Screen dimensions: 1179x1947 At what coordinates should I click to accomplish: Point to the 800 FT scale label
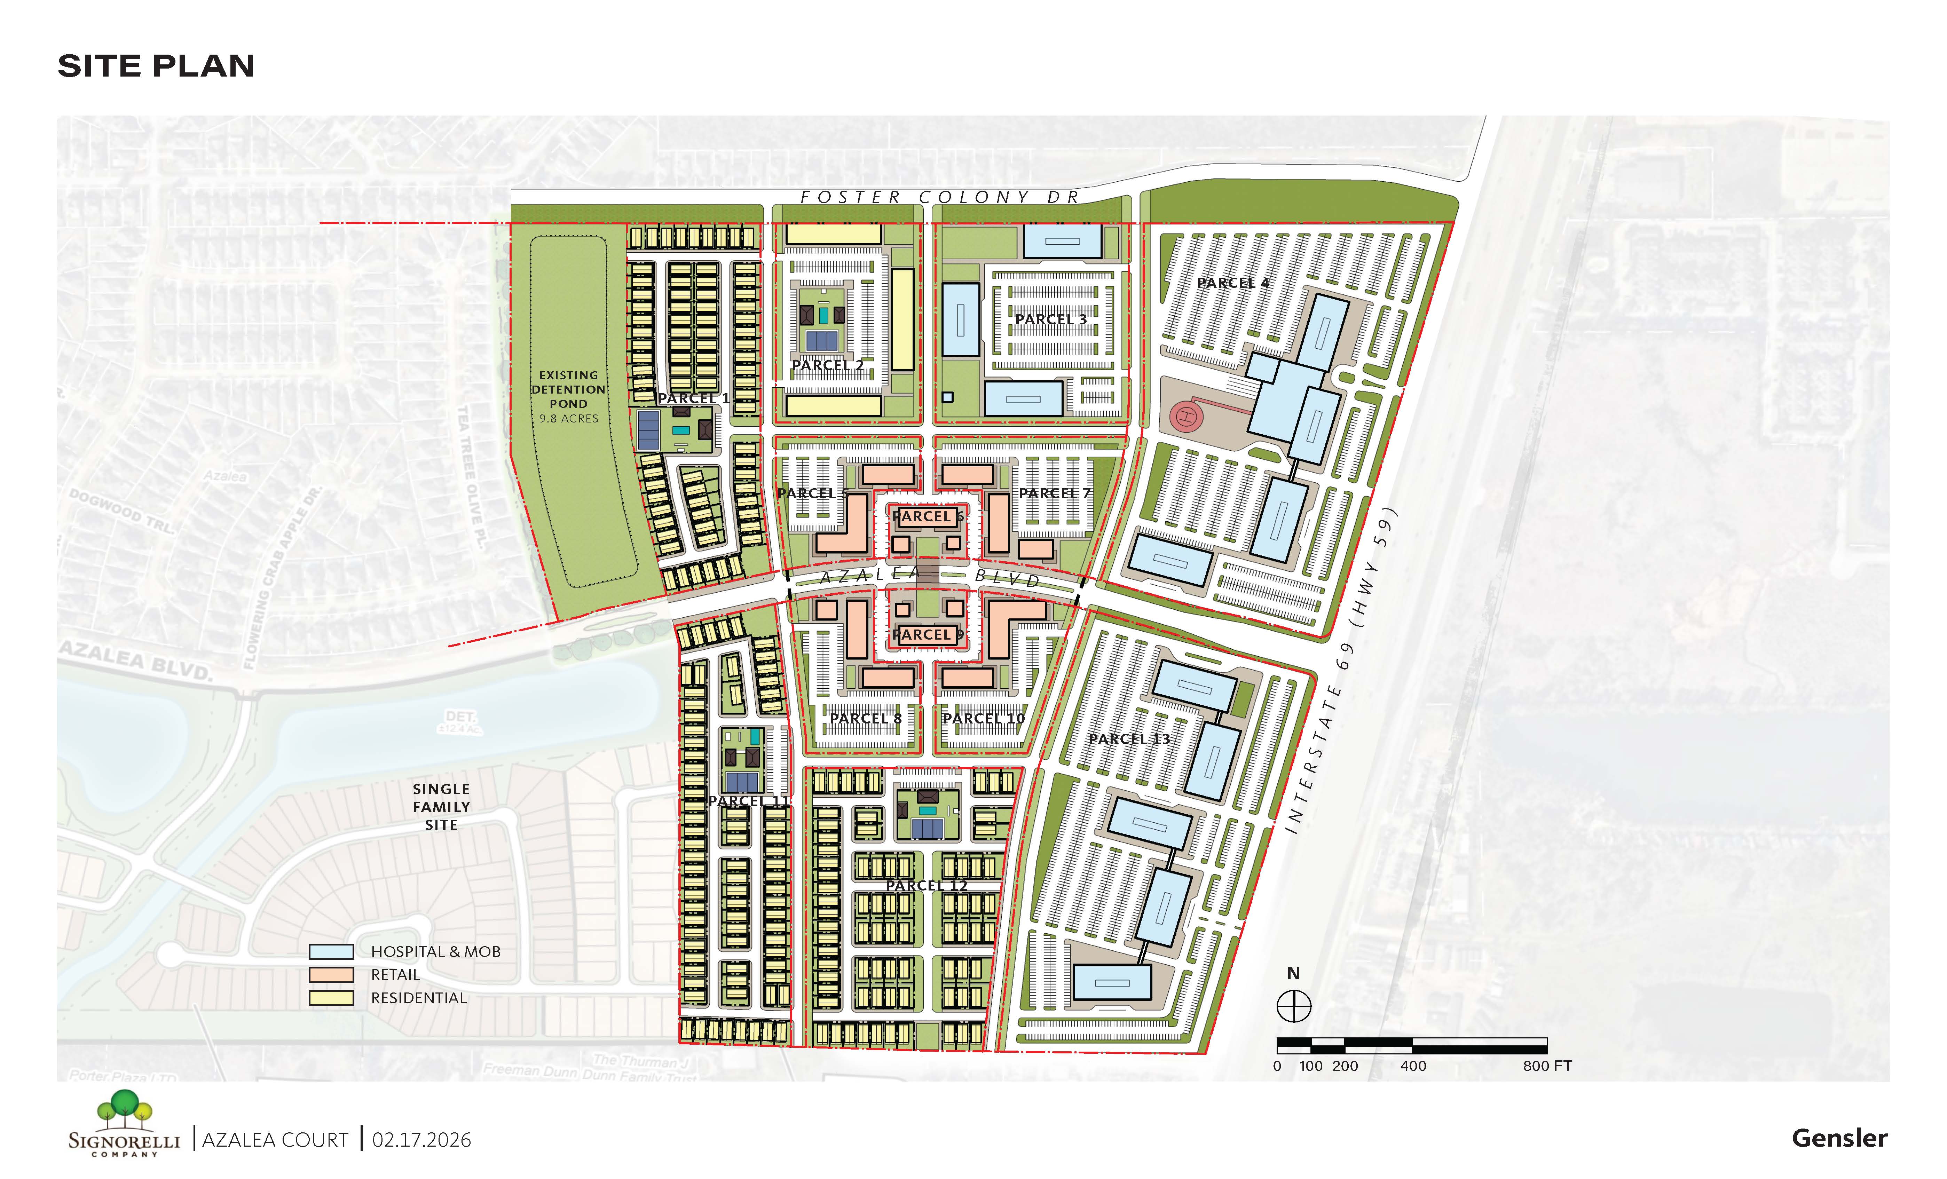pyautogui.click(x=1547, y=1066)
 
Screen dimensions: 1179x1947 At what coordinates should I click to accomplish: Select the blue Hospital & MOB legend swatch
pyautogui.click(x=331, y=951)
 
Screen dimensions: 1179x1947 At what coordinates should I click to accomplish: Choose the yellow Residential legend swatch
pyautogui.click(x=331, y=998)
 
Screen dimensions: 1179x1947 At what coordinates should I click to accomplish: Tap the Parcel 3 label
pyautogui.click(x=1051, y=319)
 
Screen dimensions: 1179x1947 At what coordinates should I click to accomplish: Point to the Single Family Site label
pyautogui.click(x=441, y=807)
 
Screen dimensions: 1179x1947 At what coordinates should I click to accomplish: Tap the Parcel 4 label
pyautogui.click(x=1233, y=282)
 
